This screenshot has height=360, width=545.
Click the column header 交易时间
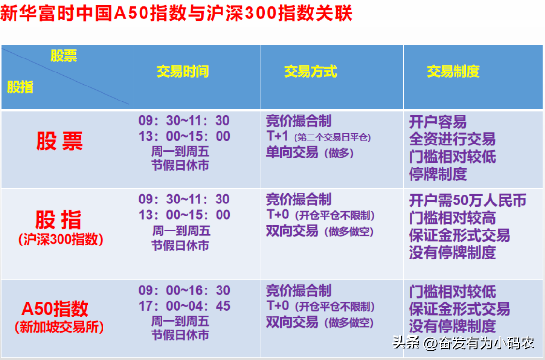pyautogui.click(x=182, y=72)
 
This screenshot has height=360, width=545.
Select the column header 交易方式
pyautogui.click(x=310, y=72)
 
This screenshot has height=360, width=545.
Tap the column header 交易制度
pyautogui.click(x=453, y=72)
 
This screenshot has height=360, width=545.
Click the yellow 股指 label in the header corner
pyautogui.click(x=20, y=87)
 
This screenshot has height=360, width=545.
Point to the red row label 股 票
pyautogui.click(x=59, y=141)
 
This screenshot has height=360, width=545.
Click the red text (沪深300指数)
pyautogui.click(x=60, y=240)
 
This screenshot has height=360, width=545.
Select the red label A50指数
pyautogui.click(x=55, y=309)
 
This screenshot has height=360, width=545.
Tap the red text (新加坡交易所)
pyautogui.click(x=59, y=327)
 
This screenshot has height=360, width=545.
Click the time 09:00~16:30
pyautogui.click(x=184, y=290)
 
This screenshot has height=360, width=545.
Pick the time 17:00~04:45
pyautogui.click(x=184, y=306)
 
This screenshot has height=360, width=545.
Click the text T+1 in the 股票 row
pyautogui.click(x=277, y=136)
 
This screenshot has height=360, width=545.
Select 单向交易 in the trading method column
pyautogui.click(x=292, y=152)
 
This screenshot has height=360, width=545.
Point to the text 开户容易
pyautogui.click(x=438, y=122)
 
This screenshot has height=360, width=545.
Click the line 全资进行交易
pyautogui.click(x=452, y=139)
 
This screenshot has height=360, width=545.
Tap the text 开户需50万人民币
pyautogui.click(x=468, y=201)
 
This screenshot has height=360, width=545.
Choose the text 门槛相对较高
pyautogui.click(x=452, y=218)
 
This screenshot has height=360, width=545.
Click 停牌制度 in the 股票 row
pyautogui.click(x=438, y=174)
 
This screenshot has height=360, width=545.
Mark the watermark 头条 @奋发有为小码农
pyautogui.click(x=463, y=343)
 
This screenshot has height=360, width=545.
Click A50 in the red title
pyautogui.click(x=132, y=13)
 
